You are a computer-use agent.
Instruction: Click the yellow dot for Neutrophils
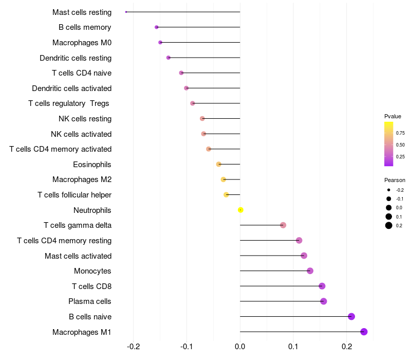point(240,210)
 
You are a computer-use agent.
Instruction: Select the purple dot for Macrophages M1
point(364,332)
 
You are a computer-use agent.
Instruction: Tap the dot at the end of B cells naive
point(351,316)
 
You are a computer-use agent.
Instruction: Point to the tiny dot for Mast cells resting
point(126,12)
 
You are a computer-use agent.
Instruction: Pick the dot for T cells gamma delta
point(283,225)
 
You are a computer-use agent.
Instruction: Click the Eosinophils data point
point(219,164)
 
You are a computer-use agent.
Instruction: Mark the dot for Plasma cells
point(324,301)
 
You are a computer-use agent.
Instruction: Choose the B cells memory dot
point(157,27)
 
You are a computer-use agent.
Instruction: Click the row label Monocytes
point(92,271)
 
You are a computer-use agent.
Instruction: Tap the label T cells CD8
point(92,286)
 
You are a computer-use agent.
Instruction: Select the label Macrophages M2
point(82,179)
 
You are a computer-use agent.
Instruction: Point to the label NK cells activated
point(81,134)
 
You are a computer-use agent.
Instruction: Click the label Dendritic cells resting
point(76,58)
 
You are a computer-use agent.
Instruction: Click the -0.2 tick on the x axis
point(133,347)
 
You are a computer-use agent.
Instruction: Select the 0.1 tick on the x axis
point(293,347)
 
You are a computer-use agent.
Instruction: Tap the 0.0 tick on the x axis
point(240,347)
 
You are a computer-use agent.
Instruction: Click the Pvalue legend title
point(393,116)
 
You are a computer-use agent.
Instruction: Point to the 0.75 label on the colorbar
point(400,133)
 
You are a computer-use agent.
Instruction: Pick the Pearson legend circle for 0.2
point(389,225)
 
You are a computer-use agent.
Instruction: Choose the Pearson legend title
point(395,180)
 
